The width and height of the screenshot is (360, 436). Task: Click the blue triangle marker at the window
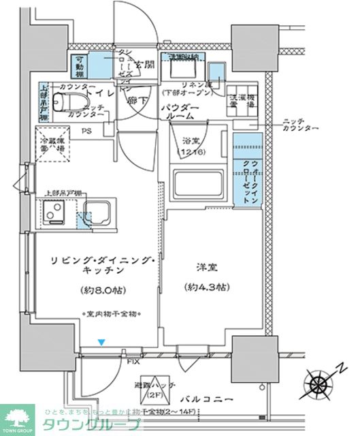tap(101, 342)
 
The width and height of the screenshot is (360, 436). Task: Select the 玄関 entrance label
tap(142, 64)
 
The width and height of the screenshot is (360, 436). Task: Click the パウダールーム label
tap(180, 113)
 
